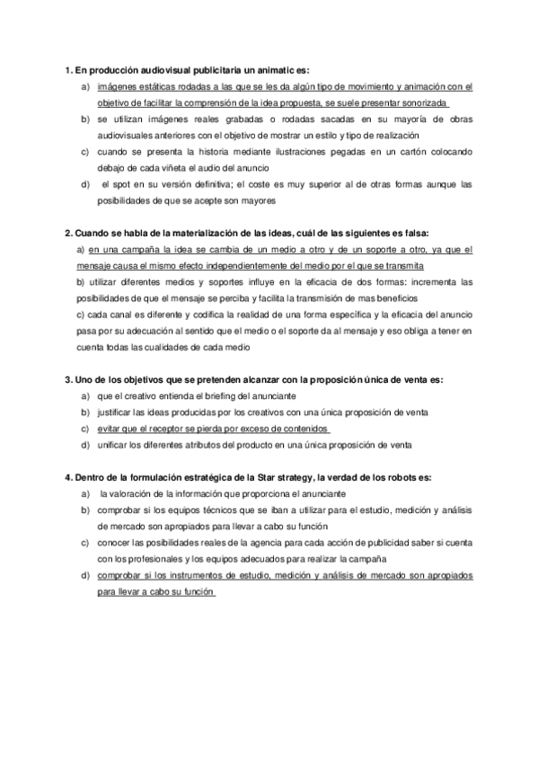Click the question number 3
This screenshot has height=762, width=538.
(68, 379)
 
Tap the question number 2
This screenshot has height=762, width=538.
(68, 232)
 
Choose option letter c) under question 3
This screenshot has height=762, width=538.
(85, 429)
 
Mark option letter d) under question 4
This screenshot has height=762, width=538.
(85, 576)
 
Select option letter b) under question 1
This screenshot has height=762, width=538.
(85, 119)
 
